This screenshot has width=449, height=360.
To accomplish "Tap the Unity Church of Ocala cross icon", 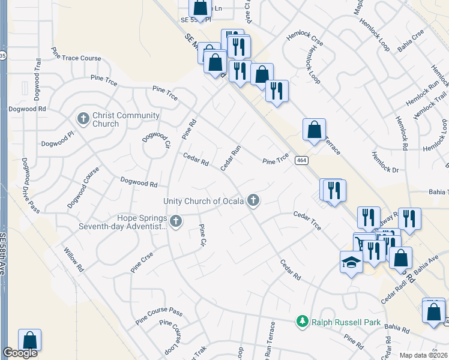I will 254,201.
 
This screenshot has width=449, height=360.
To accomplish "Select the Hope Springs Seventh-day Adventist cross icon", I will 176,222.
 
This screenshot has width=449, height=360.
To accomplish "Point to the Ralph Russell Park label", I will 345,322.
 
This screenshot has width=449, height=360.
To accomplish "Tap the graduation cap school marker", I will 351,262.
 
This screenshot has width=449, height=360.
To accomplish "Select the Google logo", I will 20,353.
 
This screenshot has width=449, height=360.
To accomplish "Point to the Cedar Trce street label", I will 307,220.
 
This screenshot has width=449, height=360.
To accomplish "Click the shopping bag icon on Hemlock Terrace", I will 314,129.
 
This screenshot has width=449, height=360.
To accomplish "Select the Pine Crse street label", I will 142,262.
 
